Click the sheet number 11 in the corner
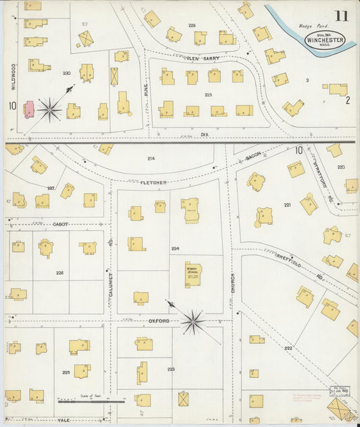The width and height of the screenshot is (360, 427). (x=341, y=16)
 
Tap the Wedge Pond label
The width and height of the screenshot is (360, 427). (x=310, y=28)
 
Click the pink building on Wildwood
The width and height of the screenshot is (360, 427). (x=29, y=109)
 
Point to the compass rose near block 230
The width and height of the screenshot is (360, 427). (x=49, y=109)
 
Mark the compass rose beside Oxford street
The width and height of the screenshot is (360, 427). (x=192, y=321)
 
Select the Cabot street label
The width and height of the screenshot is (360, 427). (x=61, y=224)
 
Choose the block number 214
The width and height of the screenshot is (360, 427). (x=151, y=158)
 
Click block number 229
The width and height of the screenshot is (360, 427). (x=208, y=95)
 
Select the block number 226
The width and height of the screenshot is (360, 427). (x=59, y=273)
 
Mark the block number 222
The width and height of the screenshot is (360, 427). (x=288, y=347)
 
